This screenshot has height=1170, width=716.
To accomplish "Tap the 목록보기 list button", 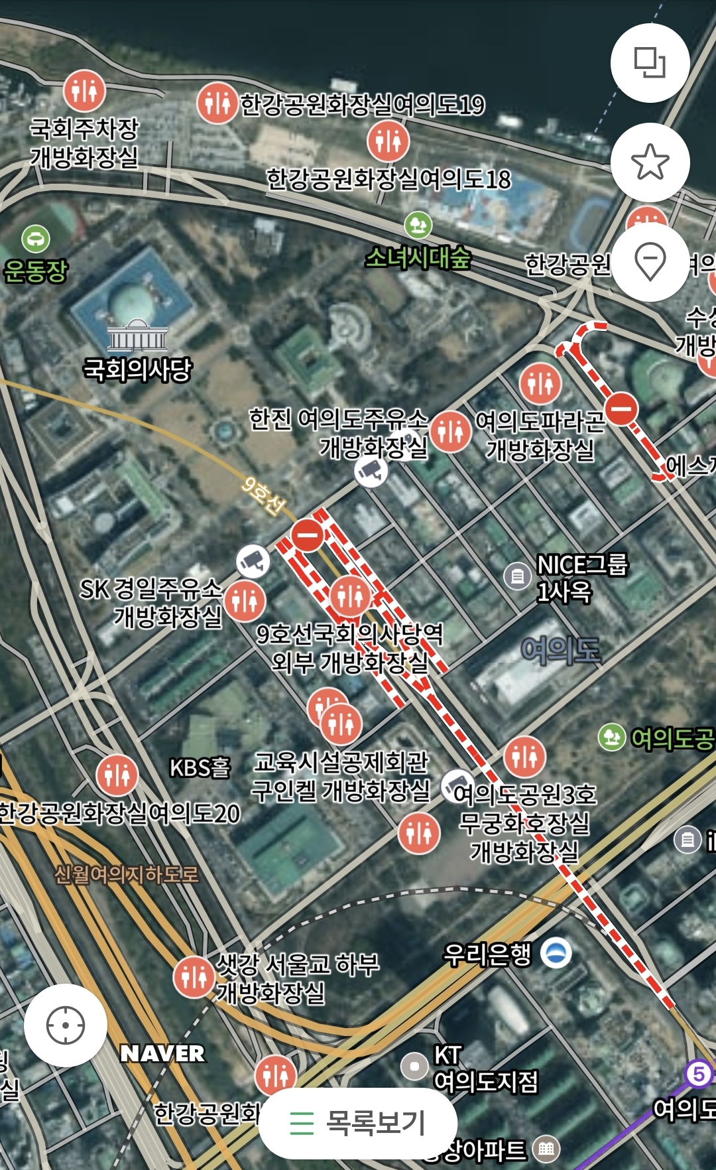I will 358,1123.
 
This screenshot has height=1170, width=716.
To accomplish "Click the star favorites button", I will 650,162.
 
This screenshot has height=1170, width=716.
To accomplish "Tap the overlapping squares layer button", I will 650,62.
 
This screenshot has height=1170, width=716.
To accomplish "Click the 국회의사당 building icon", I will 137,336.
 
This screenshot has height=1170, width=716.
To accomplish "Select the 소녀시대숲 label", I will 418,257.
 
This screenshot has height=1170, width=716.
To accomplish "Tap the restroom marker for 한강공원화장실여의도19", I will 217,103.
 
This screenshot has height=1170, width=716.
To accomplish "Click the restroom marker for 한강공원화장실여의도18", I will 388,141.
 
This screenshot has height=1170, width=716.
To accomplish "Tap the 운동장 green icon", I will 36,238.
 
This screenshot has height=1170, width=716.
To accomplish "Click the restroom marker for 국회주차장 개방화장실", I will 84,90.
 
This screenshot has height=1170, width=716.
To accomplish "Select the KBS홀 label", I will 200,767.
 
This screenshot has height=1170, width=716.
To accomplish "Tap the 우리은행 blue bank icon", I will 556,953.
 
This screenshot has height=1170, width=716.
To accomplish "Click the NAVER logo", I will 162,1053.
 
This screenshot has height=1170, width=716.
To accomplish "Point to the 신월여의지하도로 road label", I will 126,874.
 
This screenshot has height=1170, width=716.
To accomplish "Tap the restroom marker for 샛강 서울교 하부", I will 194,976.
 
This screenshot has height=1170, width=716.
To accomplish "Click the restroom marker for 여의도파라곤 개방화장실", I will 540,383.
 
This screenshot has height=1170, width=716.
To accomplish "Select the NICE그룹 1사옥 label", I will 581,578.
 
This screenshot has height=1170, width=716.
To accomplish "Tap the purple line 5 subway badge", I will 698,1073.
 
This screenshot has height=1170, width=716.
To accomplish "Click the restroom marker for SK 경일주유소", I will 245,600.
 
